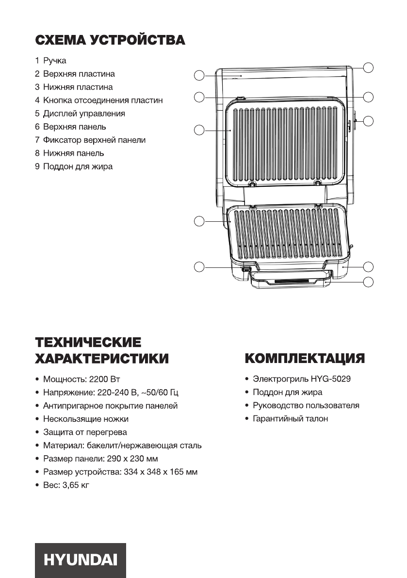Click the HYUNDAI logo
coord(80,560)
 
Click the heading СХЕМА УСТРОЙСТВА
coord(110,40)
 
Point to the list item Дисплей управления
coord(84,114)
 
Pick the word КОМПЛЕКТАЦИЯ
coord(305,359)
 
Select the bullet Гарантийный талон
coord(290,418)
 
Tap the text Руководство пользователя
coord(306,405)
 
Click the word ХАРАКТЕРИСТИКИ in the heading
coord(102,359)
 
